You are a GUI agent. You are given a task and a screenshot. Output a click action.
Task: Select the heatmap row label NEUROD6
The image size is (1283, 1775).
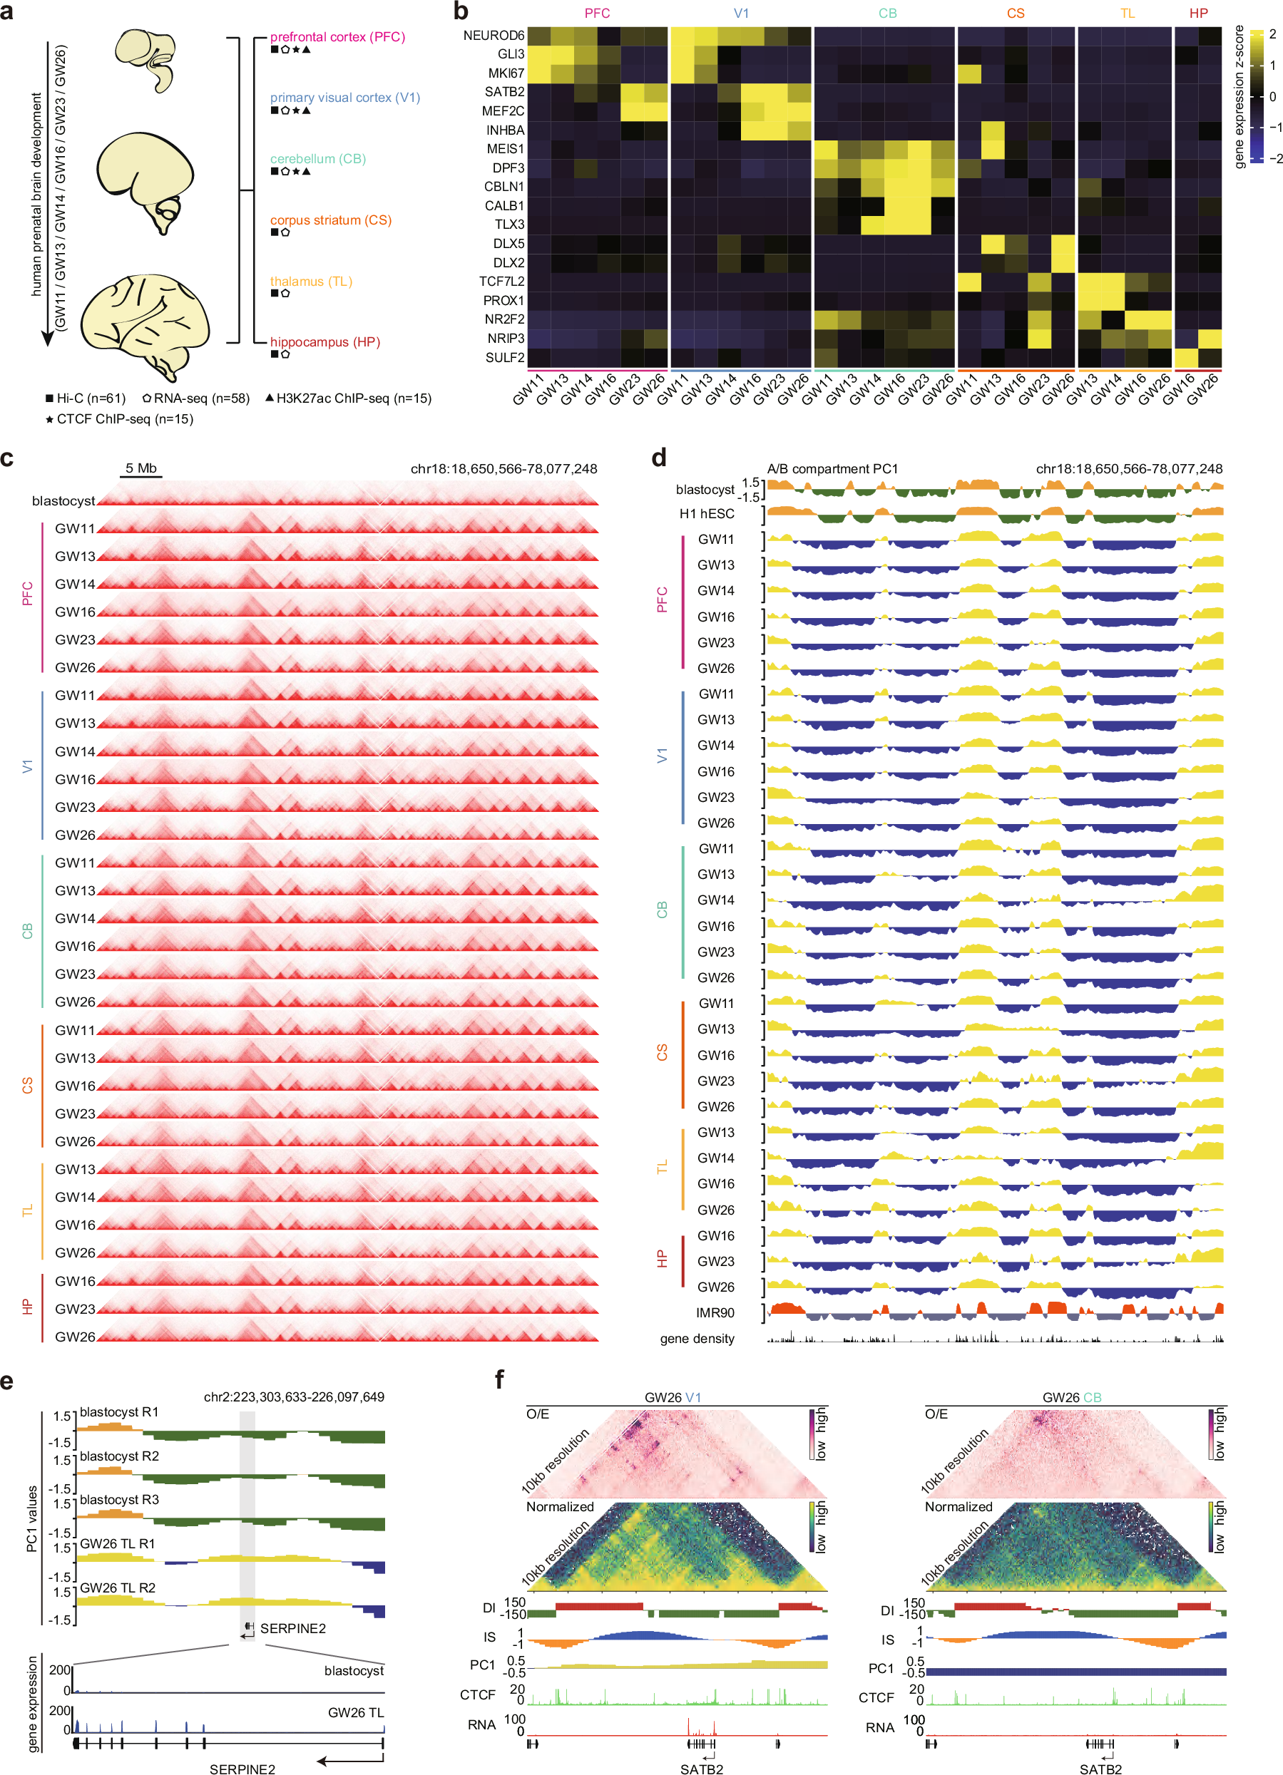[x=494, y=35]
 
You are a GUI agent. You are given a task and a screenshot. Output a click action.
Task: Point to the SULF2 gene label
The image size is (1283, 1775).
[x=504, y=358]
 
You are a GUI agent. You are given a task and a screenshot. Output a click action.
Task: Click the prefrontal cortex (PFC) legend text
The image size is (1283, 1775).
[x=337, y=37]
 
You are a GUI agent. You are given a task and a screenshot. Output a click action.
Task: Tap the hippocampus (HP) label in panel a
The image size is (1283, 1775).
[x=325, y=342]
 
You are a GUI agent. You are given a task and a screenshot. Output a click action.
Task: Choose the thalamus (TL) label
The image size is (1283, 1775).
[x=311, y=281]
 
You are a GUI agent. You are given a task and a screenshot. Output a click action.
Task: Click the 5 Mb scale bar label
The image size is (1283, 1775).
[x=141, y=468]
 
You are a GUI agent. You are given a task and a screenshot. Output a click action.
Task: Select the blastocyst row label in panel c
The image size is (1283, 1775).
[x=63, y=501]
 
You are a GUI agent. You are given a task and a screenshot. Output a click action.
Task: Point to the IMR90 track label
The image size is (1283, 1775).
[x=715, y=1312]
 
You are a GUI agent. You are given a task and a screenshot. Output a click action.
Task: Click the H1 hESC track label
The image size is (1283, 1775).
[x=706, y=513]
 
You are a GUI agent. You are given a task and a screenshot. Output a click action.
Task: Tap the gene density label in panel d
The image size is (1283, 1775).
[x=697, y=1338]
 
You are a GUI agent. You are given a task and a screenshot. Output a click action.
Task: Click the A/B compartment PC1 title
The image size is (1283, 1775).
[x=832, y=469]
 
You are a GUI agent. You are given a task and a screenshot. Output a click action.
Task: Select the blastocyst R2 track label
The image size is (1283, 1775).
[x=119, y=1456]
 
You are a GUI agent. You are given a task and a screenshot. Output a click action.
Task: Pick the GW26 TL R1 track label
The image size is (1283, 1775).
[x=118, y=1543]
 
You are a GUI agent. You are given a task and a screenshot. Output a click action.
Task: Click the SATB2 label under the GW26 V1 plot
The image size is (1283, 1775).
[x=701, y=1768]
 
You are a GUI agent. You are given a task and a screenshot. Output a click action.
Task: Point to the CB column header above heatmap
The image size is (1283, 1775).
[x=887, y=14]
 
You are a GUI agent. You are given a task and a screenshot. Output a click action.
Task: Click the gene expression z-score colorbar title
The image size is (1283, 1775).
[x=1239, y=97]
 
